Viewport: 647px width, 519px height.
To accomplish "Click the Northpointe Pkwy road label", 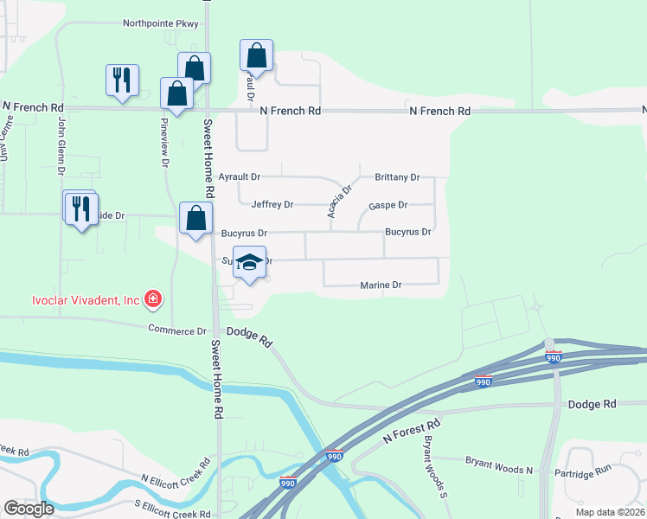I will pos(160,23).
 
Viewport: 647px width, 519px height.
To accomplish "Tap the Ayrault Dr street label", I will pos(239,176).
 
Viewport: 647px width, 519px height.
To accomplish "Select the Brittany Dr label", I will pos(397,176).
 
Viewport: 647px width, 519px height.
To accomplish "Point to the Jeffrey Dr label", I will pos(272,205).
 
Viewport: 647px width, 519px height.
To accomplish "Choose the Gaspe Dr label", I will pos(388,205).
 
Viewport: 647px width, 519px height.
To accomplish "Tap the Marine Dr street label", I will pos(381,285).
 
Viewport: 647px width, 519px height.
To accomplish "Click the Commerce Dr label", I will pos(177,330).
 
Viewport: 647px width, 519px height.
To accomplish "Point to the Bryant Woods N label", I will pos(499,468).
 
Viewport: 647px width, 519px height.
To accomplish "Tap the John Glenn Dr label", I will pos(61,143).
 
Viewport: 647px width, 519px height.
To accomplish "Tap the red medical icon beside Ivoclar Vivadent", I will pos(153,300).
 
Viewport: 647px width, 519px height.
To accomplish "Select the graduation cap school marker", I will pos(248,264).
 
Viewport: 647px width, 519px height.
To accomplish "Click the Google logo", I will pos(29,509).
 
